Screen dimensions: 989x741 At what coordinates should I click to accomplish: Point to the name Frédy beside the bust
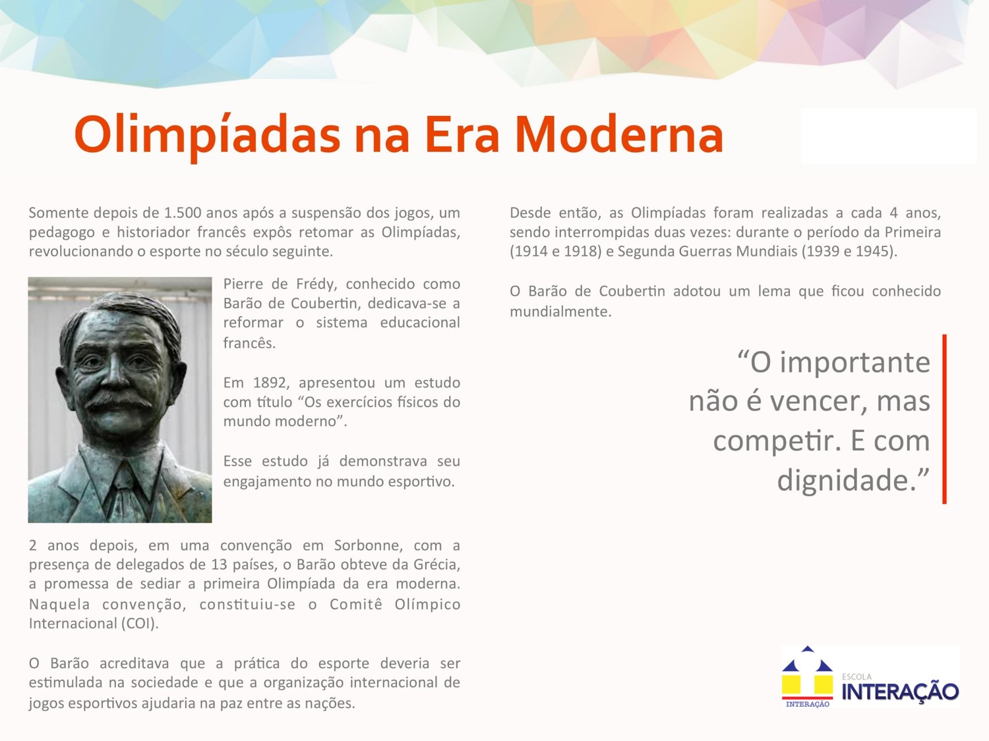point(316,284)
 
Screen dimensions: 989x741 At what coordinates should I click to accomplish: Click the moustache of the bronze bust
point(118,399)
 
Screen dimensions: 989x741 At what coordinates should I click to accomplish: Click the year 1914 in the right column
point(531,251)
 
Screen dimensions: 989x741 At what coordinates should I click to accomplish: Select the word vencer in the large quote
point(818,401)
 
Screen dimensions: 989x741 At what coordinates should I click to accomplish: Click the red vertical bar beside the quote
point(944,419)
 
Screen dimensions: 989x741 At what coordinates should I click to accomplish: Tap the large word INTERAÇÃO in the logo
point(900,692)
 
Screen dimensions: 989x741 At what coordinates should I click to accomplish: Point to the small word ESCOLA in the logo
point(856,676)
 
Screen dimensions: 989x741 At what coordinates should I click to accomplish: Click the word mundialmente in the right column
point(560,312)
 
